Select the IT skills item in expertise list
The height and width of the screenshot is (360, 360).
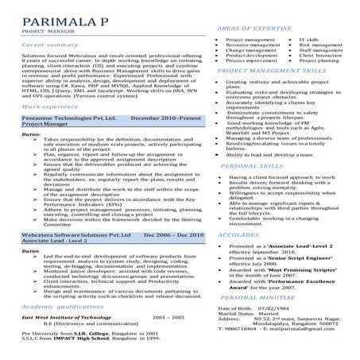[311, 39]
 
